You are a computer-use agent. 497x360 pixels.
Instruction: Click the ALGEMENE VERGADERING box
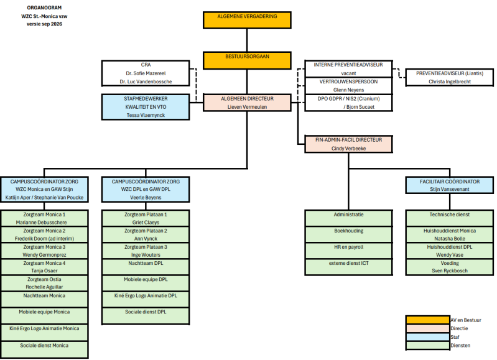click(x=247, y=21)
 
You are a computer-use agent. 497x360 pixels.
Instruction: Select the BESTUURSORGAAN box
click(x=247, y=60)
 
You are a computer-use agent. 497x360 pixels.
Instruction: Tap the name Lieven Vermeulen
click(x=247, y=107)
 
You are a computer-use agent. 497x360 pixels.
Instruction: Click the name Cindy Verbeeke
click(x=349, y=149)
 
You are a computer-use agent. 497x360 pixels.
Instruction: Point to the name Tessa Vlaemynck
click(x=146, y=116)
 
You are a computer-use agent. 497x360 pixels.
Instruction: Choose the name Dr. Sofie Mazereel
click(x=146, y=73)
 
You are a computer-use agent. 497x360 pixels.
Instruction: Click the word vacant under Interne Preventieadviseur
click(x=349, y=73)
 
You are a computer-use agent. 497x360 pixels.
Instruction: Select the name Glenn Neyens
click(x=349, y=90)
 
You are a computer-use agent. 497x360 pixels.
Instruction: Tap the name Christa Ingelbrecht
click(x=450, y=81)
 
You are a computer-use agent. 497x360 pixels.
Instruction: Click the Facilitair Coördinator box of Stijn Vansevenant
click(x=450, y=185)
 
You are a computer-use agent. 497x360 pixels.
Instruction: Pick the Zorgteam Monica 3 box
click(x=44, y=251)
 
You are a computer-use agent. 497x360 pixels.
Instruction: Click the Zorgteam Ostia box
click(x=44, y=283)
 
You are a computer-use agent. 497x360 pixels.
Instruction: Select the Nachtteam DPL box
click(x=146, y=267)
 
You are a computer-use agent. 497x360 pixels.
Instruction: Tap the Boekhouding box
click(x=349, y=234)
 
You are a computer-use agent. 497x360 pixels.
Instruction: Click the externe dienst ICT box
click(x=349, y=267)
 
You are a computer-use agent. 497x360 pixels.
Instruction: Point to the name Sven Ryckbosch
click(x=450, y=270)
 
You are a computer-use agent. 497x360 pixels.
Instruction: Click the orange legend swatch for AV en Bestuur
click(x=428, y=320)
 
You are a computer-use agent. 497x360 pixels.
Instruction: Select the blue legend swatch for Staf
click(x=428, y=337)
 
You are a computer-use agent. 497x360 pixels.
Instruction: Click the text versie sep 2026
click(x=44, y=24)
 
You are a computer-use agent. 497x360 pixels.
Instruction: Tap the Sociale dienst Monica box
click(x=44, y=349)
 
